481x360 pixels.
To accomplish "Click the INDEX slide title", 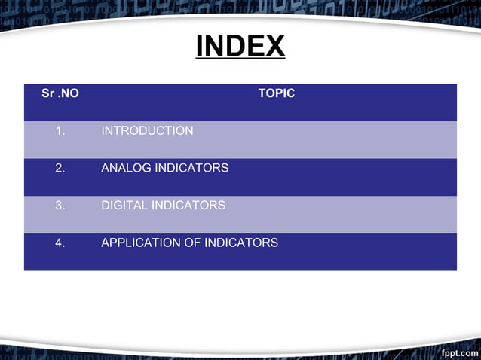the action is click(240, 46).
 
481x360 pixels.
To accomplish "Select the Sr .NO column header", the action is click(60, 93).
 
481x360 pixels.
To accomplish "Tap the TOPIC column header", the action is click(277, 93).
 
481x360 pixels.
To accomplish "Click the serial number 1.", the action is click(60, 131).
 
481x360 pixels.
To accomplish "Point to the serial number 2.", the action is click(60, 168).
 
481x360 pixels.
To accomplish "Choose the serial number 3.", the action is click(60, 206).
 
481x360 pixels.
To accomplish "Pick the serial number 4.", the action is click(60, 243).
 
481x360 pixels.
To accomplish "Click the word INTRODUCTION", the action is click(147, 131).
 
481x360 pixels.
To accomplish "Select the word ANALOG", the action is click(126, 168).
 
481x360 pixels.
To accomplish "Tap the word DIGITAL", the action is click(124, 206).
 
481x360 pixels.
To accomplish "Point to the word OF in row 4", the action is click(192, 243).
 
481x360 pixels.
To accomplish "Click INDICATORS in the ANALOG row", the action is click(191, 168).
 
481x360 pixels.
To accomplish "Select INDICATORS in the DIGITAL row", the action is click(188, 206).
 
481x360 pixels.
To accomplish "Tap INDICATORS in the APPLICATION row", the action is click(241, 243).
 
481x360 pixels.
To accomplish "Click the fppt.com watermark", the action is click(460, 353).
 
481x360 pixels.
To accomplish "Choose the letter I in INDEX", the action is click(200, 45).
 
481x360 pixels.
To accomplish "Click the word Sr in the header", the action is click(47, 93).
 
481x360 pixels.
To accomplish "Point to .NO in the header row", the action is click(69, 93).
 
